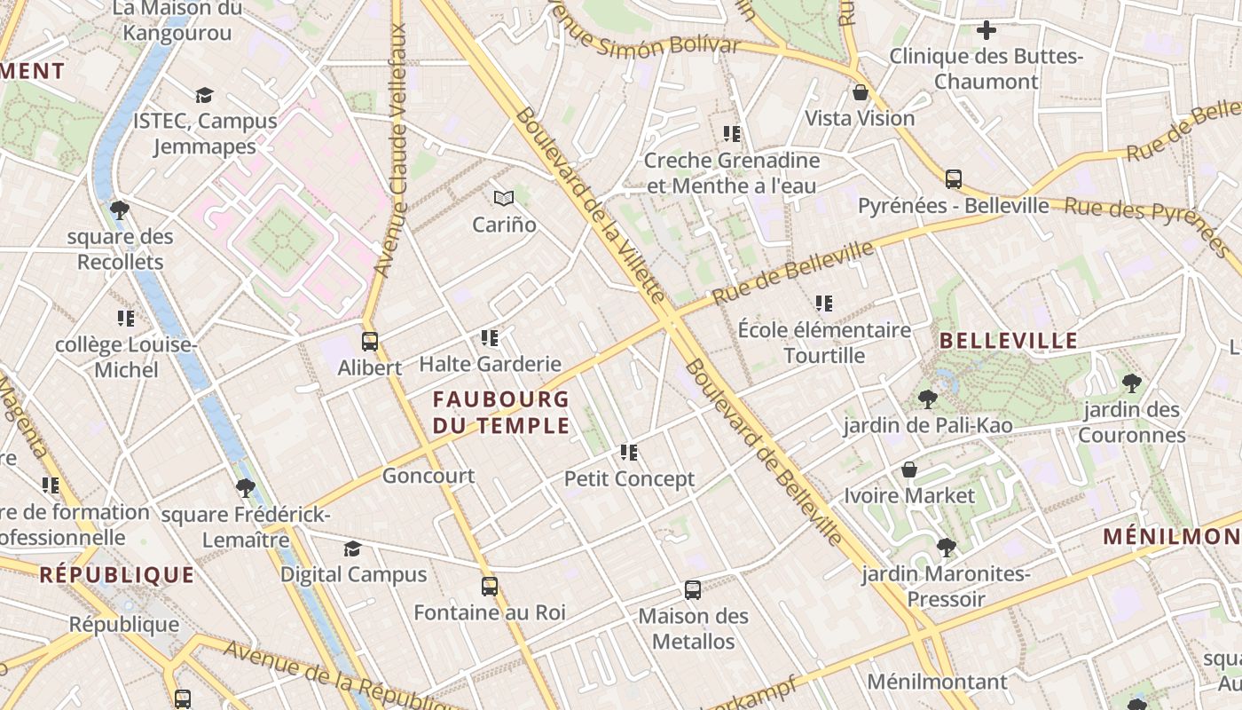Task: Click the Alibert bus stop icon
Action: click(370, 341)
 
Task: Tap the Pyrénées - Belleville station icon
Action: click(954, 179)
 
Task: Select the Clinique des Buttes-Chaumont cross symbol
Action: click(987, 31)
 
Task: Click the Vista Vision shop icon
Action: click(860, 92)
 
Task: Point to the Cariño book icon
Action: click(504, 198)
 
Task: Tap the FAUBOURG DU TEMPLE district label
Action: click(501, 413)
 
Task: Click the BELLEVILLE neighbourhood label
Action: click(1009, 341)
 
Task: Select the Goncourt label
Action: click(428, 476)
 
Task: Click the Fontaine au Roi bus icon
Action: click(490, 587)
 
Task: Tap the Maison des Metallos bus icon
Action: click(693, 590)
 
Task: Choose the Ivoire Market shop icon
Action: click(909, 469)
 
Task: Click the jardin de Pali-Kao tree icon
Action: click(928, 399)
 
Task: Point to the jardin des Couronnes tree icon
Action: click(1131, 383)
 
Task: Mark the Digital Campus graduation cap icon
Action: click(353, 548)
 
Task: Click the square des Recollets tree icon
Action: click(120, 210)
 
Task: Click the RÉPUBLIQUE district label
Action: click(116, 575)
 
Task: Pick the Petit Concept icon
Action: click(629, 453)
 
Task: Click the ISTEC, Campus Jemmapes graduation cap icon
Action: click(205, 95)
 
